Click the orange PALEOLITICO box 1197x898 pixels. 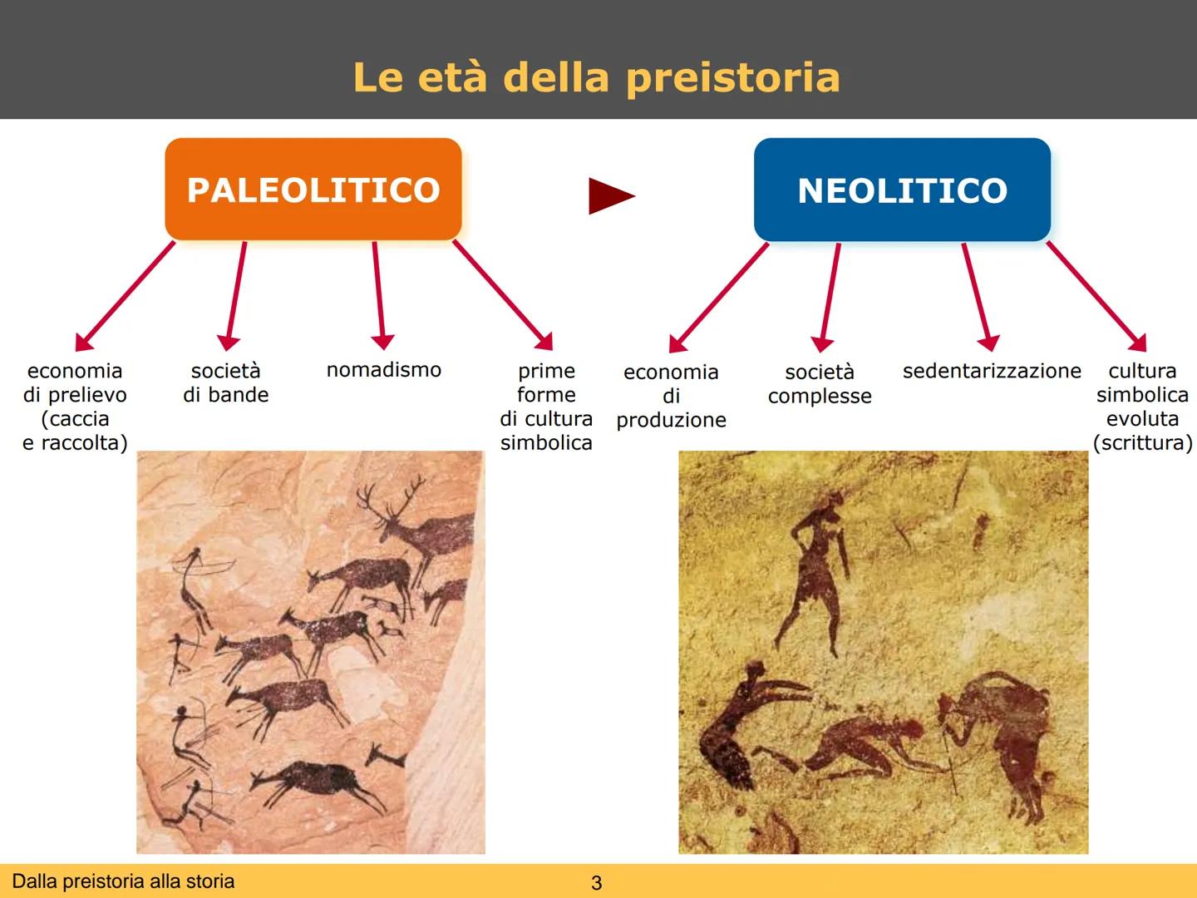click(x=313, y=190)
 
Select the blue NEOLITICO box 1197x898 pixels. click(x=902, y=190)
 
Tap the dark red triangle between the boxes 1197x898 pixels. click(x=610, y=196)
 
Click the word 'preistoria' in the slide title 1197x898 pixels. click(x=732, y=77)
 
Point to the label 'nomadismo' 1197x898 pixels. click(x=383, y=370)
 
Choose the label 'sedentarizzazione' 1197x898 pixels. click(x=992, y=371)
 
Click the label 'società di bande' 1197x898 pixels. click(x=226, y=382)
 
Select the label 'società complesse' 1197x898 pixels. click(x=820, y=384)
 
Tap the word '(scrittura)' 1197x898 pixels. click(x=1142, y=443)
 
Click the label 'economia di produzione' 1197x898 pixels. click(x=671, y=396)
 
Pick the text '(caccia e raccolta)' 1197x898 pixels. click(x=75, y=431)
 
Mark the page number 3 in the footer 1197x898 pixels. click(x=596, y=883)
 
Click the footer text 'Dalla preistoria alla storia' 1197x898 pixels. click(x=124, y=881)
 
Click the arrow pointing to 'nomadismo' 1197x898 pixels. click(x=378, y=295)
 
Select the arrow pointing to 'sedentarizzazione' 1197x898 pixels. click(x=976, y=295)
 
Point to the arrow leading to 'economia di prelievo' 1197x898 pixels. click(x=125, y=295)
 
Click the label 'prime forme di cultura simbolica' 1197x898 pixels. click(x=546, y=407)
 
